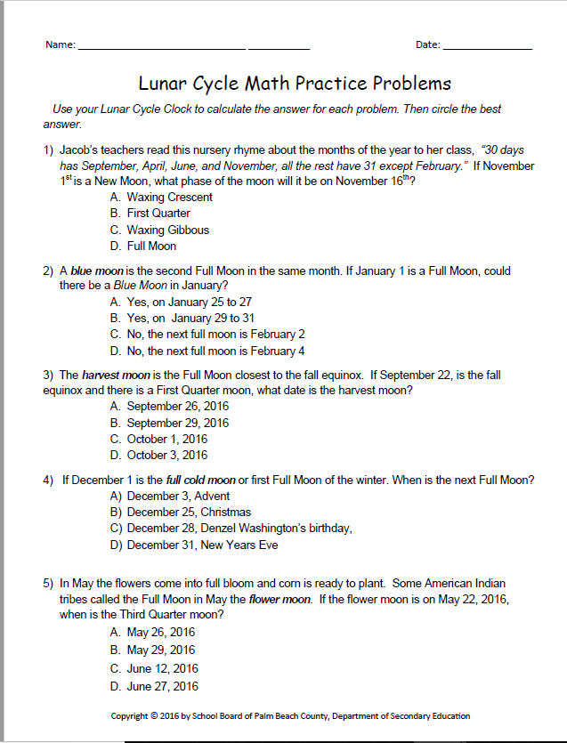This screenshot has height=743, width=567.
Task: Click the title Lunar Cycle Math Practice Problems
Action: (295, 84)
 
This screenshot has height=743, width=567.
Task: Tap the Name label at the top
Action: (61, 45)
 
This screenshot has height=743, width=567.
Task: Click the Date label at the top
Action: (427, 45)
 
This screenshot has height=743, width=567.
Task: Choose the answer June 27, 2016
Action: (154, 686)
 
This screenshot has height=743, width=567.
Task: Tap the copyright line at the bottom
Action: (290, 715)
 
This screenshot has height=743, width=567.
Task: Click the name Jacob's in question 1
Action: (79, 149)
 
